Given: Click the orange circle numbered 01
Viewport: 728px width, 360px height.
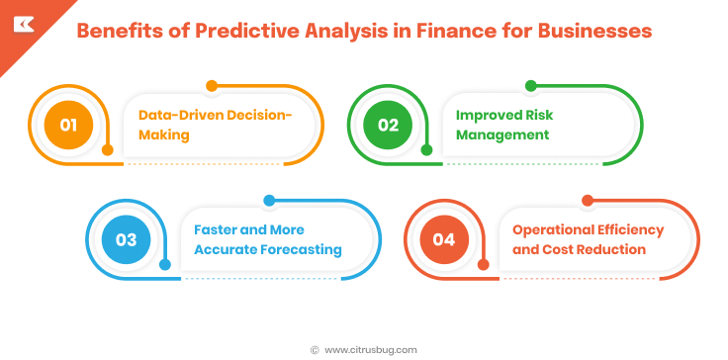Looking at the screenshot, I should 68,125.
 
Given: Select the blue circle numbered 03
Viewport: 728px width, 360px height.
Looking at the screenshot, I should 126,239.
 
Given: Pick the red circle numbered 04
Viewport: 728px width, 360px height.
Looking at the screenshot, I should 444,239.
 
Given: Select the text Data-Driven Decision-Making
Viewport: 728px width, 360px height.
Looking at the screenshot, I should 215,125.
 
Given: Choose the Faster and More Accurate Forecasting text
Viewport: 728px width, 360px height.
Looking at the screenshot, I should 267,239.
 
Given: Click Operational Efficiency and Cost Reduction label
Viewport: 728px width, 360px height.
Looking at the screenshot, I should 588,239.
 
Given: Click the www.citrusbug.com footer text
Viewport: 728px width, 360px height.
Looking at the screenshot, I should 371,349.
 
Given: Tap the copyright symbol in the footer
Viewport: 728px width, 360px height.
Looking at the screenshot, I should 315,349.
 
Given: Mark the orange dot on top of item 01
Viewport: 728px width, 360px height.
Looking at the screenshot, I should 211,86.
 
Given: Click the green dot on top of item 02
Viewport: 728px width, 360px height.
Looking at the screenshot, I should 530,86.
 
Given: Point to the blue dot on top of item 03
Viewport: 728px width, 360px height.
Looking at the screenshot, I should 268,201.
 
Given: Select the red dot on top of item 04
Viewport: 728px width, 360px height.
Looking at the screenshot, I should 587,201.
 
